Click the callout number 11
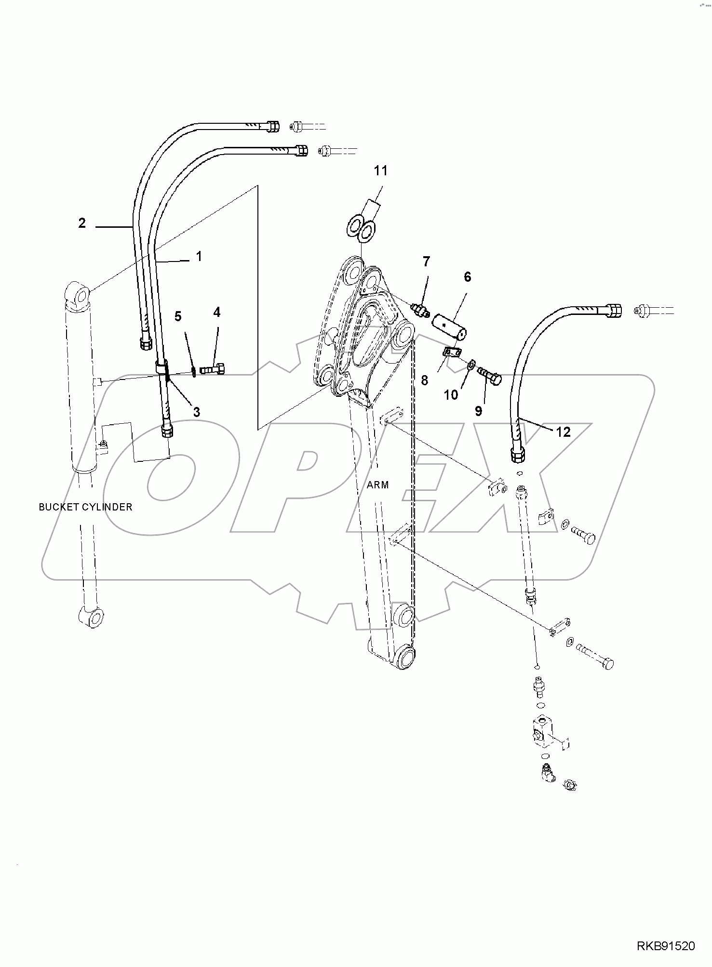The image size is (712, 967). coord(381,170)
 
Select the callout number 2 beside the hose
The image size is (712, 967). coord(82,223)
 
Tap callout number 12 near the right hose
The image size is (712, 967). coord(563,432)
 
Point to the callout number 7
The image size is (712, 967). coord(426,262)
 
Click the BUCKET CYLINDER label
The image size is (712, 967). coord(85,507)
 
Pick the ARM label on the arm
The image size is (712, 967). coord(377,485)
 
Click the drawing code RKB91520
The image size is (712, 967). coord(667,946)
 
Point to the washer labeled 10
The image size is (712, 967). coord(471,362)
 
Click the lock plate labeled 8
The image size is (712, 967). coord(453,353)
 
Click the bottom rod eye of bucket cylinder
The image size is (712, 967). coord(90,617)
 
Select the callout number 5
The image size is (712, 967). coord(178,316)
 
